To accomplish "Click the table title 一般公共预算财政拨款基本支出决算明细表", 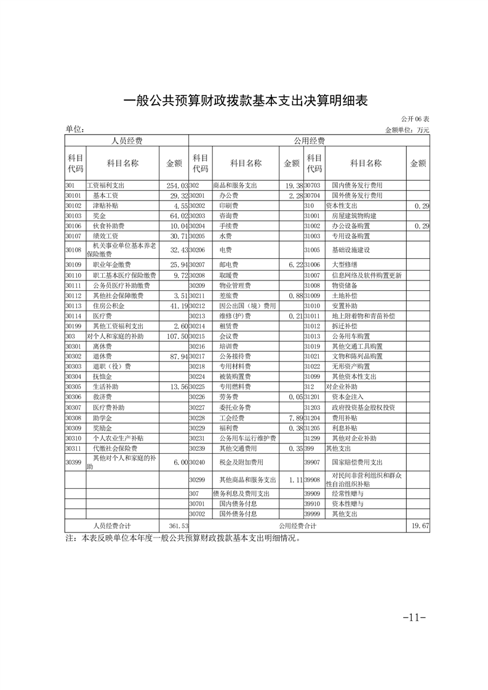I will click(245, 101).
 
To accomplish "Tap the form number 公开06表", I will click(415, 118).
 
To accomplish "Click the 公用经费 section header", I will click(309, 141).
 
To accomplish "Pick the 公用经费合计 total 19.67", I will click(419, 526).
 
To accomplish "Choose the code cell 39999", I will click(313, 514).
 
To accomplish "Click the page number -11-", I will click(414, 617).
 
